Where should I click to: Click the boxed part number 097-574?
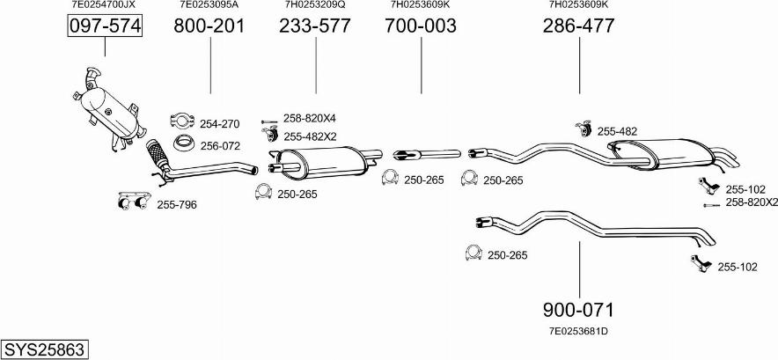coord(105,26)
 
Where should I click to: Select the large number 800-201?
coord(209,26)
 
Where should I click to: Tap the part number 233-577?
coord(314,26)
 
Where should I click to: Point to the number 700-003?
coord(421,26)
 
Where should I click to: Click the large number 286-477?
coord(578,26)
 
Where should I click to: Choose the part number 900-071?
coord(578,310)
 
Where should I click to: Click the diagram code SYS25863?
coord(44,349)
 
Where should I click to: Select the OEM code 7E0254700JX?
coord(104,4)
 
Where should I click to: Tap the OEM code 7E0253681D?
coord(578,331)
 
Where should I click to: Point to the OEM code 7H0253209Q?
coord(315,4)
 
